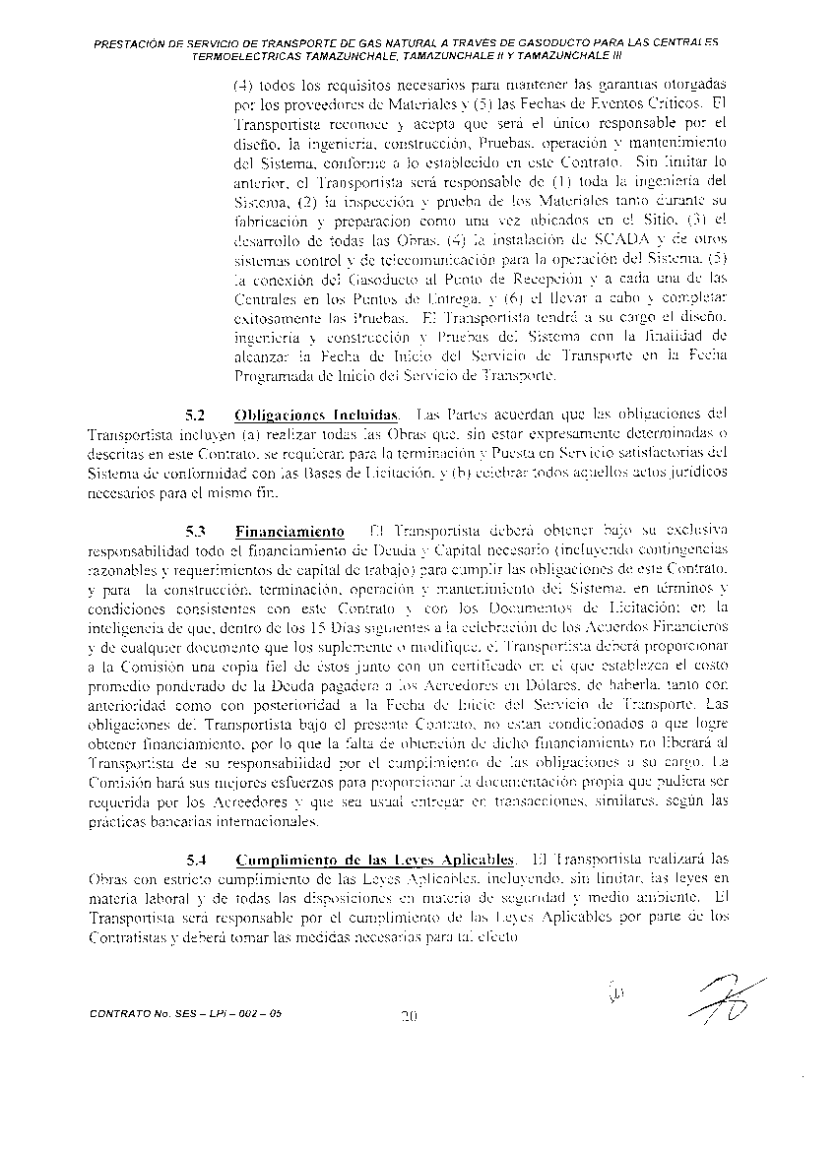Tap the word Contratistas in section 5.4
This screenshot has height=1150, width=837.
[x=128, y=937]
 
